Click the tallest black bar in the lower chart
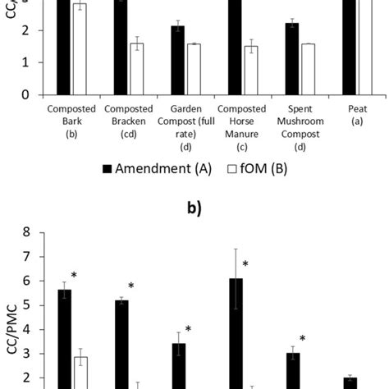[x=236, y=336]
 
